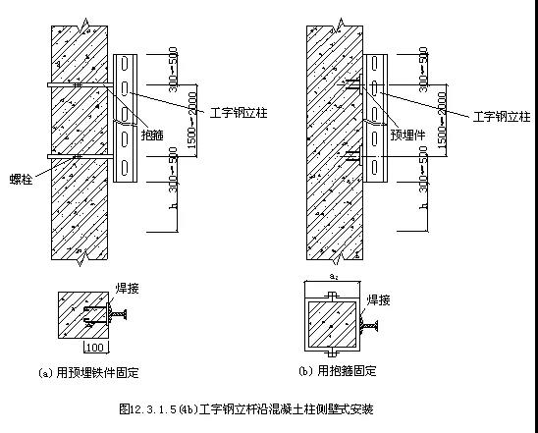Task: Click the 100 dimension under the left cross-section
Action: [x=94, y=348]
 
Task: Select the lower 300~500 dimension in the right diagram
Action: [x=424, y=167]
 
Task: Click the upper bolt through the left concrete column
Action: [x=79, y=87]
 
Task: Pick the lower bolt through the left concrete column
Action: [x=79, y=156]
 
